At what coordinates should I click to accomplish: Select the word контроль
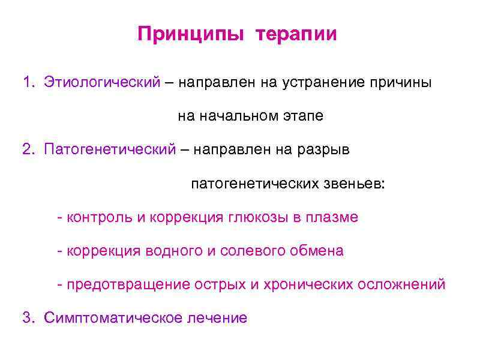(100, 217)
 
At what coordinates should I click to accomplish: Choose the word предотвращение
(128, 284)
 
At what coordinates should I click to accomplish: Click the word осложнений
(402, 284)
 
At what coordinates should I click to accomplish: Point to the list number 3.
(26, 318)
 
